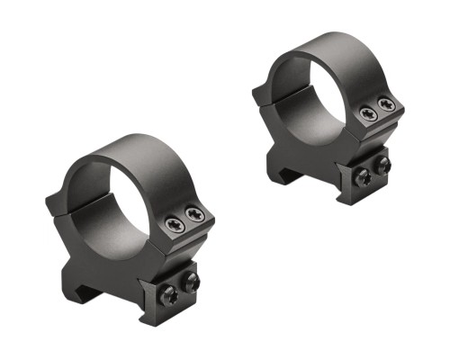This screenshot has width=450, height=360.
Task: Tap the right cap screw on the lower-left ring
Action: [195, 214]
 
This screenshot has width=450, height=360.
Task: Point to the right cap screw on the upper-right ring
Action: [388, 104]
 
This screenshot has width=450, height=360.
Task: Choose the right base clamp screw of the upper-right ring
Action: [382, 166]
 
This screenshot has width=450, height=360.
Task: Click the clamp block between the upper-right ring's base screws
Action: [373, 172]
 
